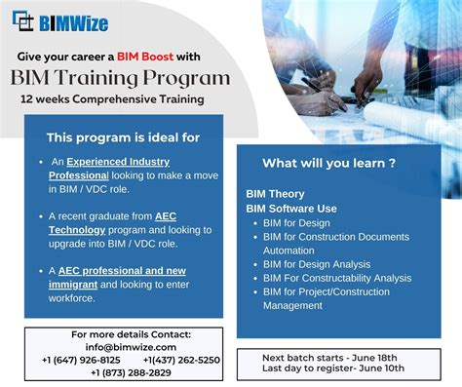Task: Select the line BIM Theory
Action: pyautogui.click(x=275, y=194)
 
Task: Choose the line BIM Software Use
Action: pyautogui.click(x=290, y=208)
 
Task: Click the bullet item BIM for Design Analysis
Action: pyautogui.click(x=316, y=264)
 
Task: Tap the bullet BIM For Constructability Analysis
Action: pyautogui.click(x=337, y=278)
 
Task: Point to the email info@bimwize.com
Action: pyautogui.click(x=124, y=346)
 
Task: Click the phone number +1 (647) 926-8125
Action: pyautogui.click(x=82, y=359)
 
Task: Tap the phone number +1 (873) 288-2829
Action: pyautogui.click(x=124, y=372)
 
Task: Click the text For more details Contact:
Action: pyautogui.click(x=124, y=334)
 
